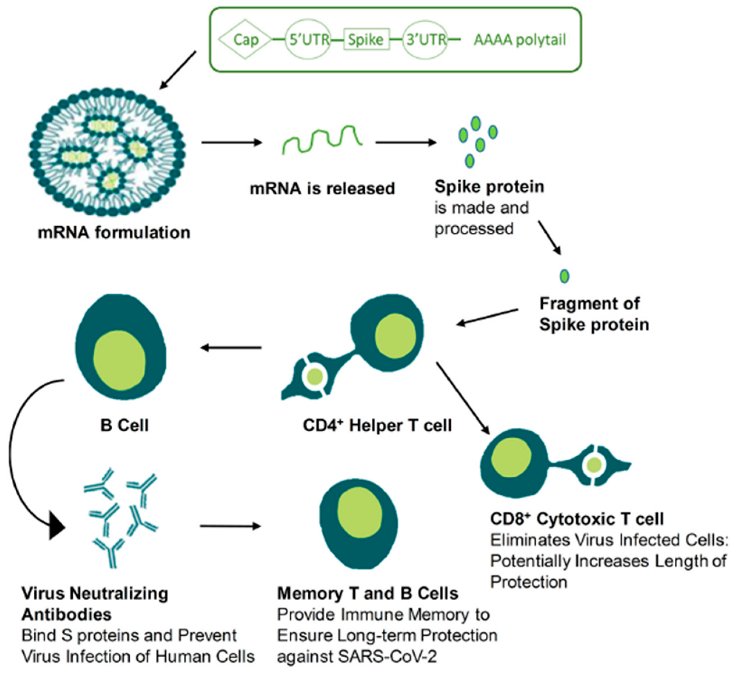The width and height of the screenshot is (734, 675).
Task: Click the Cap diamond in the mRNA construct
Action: tap(245, 40)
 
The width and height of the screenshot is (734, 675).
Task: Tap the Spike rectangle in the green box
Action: tap(366, 40)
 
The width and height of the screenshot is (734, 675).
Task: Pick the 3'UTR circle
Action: tap(426, 40)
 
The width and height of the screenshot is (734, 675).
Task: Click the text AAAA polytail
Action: tap(520, 40)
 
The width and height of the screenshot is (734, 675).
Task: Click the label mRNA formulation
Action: tap(114, 233)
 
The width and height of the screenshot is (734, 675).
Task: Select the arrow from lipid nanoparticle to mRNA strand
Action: tap(231, 143)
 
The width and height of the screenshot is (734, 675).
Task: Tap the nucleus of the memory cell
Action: tap(359, 513)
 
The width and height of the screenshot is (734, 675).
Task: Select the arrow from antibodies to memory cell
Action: tap(231, 526)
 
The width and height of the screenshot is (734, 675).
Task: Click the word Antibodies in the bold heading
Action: tap(67, 615)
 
